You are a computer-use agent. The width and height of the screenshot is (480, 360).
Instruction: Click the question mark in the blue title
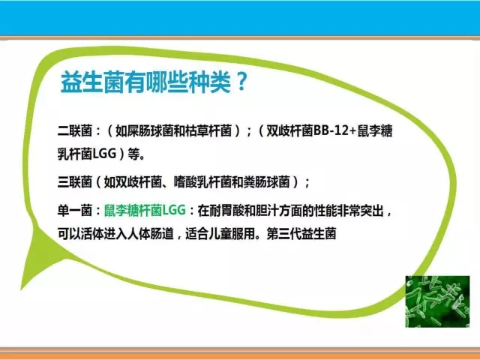tap(241, 81)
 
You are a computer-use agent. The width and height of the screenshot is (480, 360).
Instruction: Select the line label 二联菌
tap(75, 131)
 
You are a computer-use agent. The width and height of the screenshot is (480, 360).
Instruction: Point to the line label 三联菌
tap(75, 182)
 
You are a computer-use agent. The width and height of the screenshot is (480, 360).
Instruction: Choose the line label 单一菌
tap(75, 211)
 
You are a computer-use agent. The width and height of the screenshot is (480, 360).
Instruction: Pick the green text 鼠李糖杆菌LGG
tap(145, 211)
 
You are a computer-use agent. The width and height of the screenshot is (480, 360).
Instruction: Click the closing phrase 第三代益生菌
tap(301, 233)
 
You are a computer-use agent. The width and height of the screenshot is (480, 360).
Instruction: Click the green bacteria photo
tap(437, 301)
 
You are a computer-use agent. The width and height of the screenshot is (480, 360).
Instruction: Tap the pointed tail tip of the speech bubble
tap(21, 289)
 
